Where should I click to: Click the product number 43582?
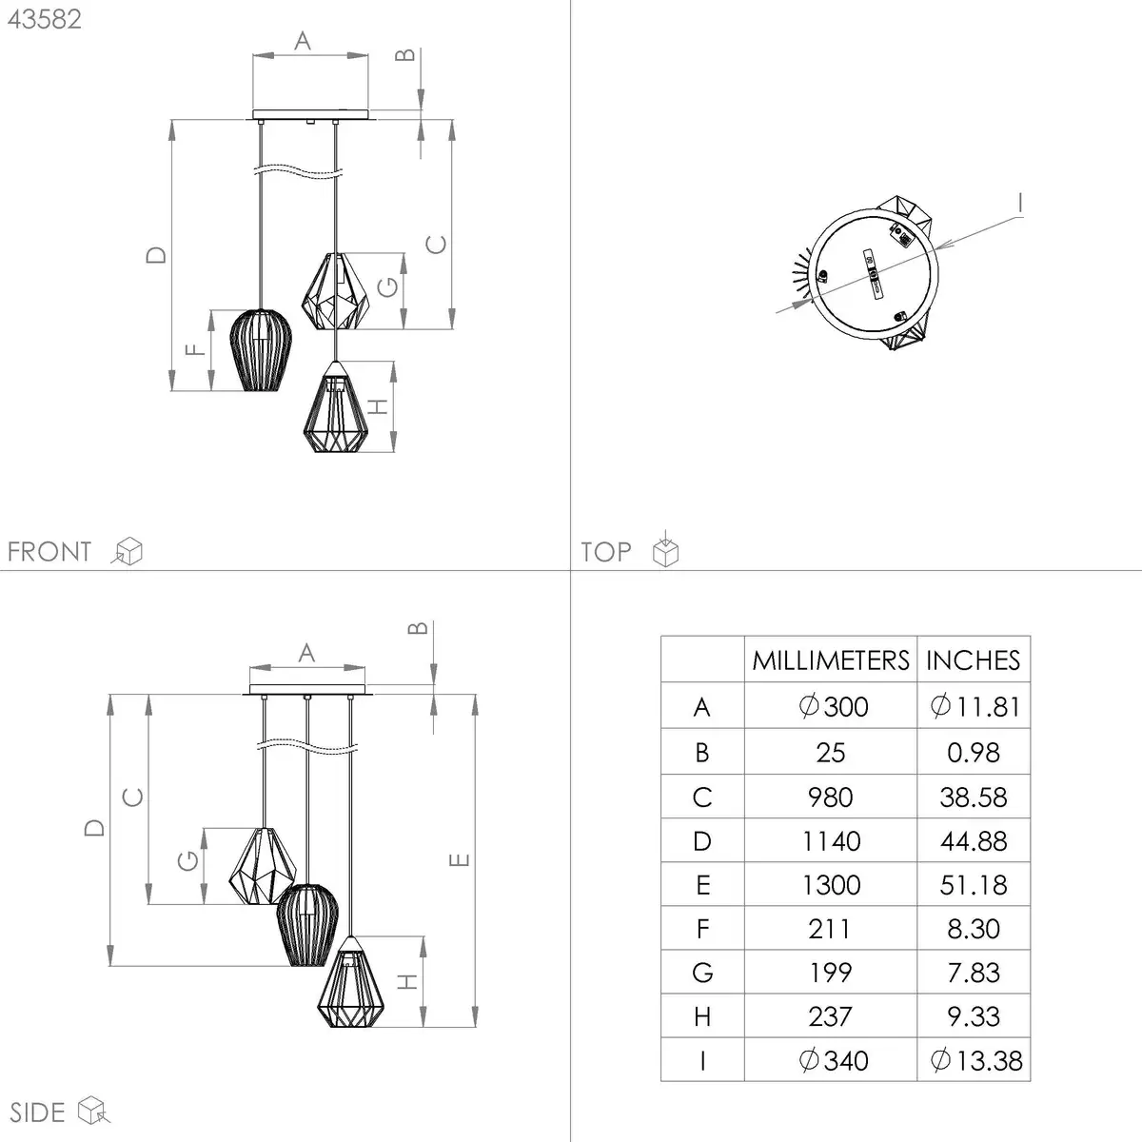45,20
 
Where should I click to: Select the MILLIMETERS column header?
830,660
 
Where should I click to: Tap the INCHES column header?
974,660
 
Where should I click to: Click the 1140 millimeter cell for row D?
831,841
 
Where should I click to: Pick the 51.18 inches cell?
974,885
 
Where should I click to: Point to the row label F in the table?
702,929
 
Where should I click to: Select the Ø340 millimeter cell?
834,1060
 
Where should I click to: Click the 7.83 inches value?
974,973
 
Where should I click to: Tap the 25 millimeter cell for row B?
830,753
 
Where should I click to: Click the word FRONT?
49,552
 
